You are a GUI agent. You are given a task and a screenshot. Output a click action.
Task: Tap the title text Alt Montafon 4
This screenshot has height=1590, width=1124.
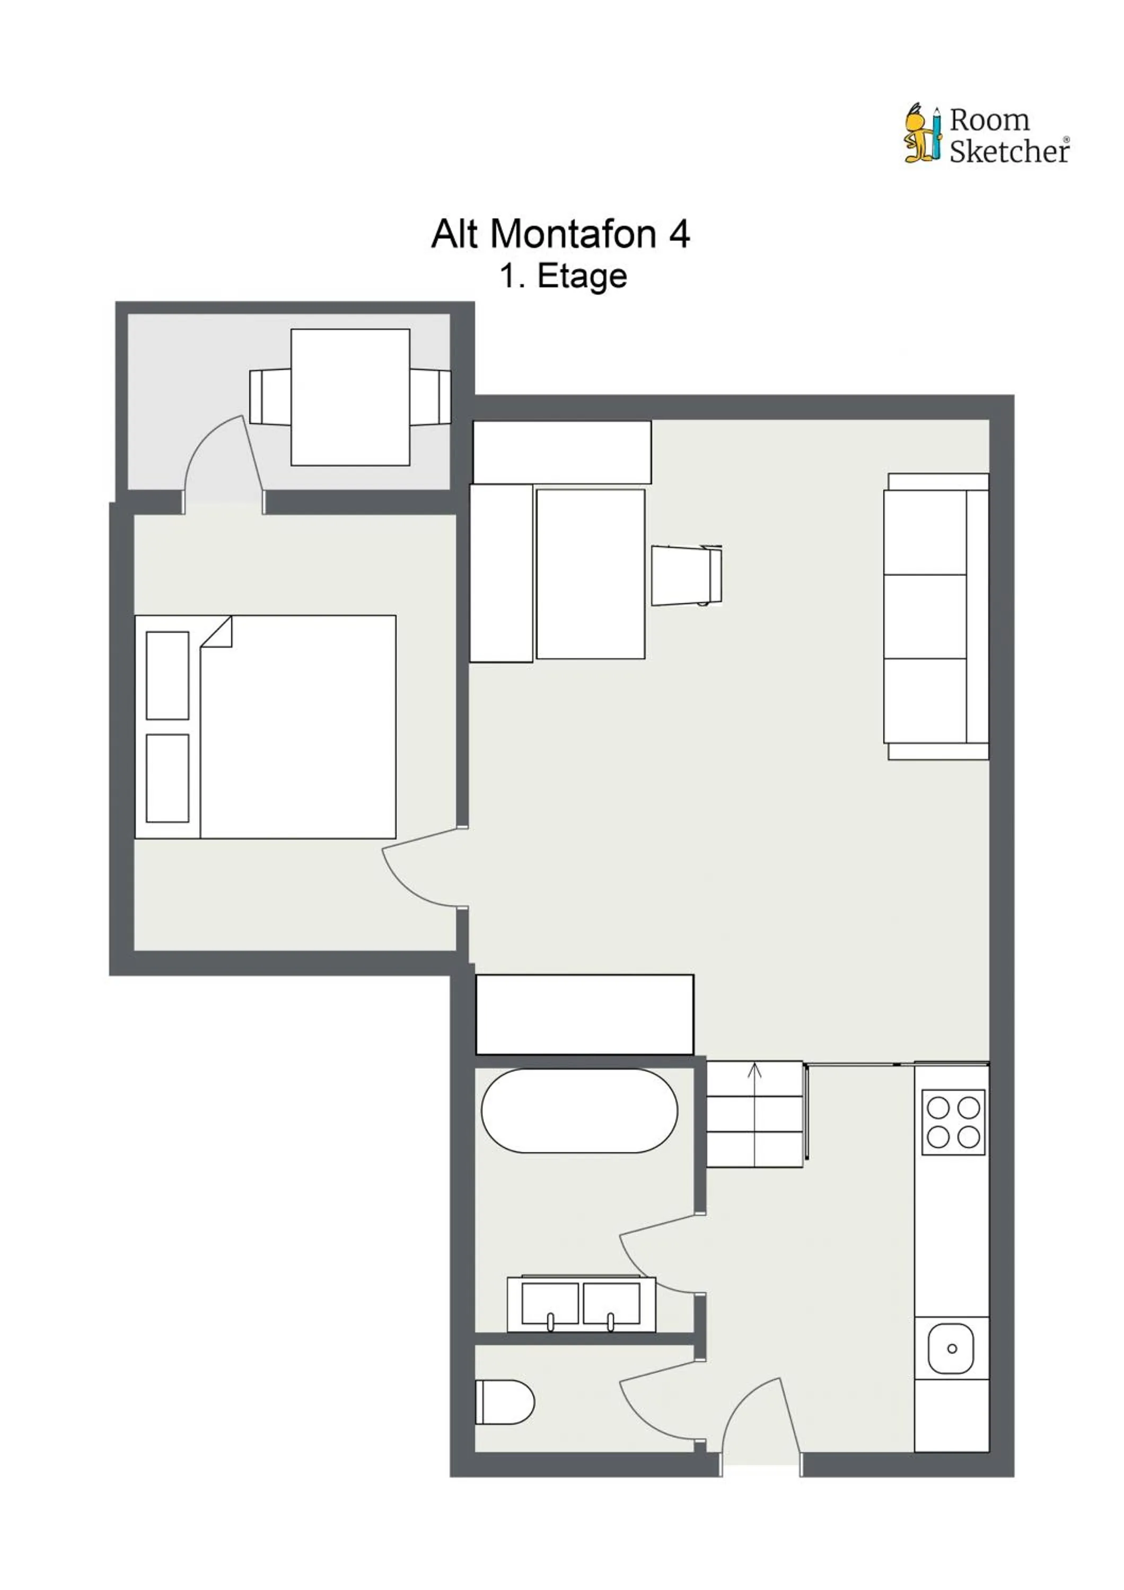click(x=560, y=234)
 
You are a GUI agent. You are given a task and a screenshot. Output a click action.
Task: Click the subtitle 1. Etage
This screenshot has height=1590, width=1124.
click(x=563, y=276)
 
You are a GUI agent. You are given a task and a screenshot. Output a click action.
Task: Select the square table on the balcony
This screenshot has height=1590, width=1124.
click(x=350, y=397)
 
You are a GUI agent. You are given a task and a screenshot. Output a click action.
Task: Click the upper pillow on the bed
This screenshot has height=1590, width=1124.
click(x=168, y=675)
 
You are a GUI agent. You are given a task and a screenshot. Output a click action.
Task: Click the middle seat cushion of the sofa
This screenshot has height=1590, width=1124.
click(x=925, y=616)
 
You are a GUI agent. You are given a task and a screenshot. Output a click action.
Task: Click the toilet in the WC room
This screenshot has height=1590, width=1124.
click(x=504, y=1402)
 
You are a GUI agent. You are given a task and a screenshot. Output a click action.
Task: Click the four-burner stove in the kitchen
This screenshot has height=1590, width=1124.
click(x=953, y=1122)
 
